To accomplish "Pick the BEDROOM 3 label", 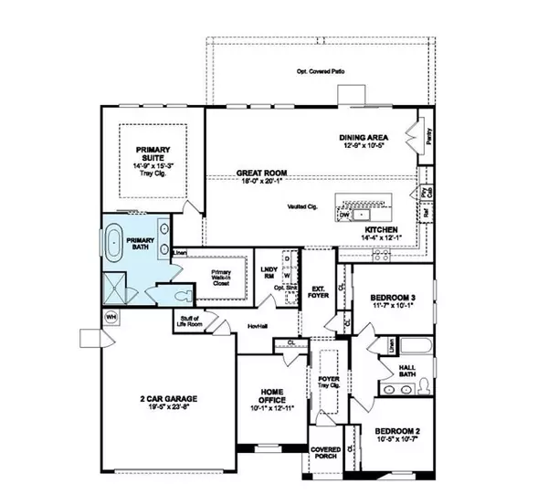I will pos(394,298).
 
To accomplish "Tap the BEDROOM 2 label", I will pos(398,435).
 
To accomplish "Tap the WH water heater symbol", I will pos(111,317).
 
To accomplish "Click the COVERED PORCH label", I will pos(324,453).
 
